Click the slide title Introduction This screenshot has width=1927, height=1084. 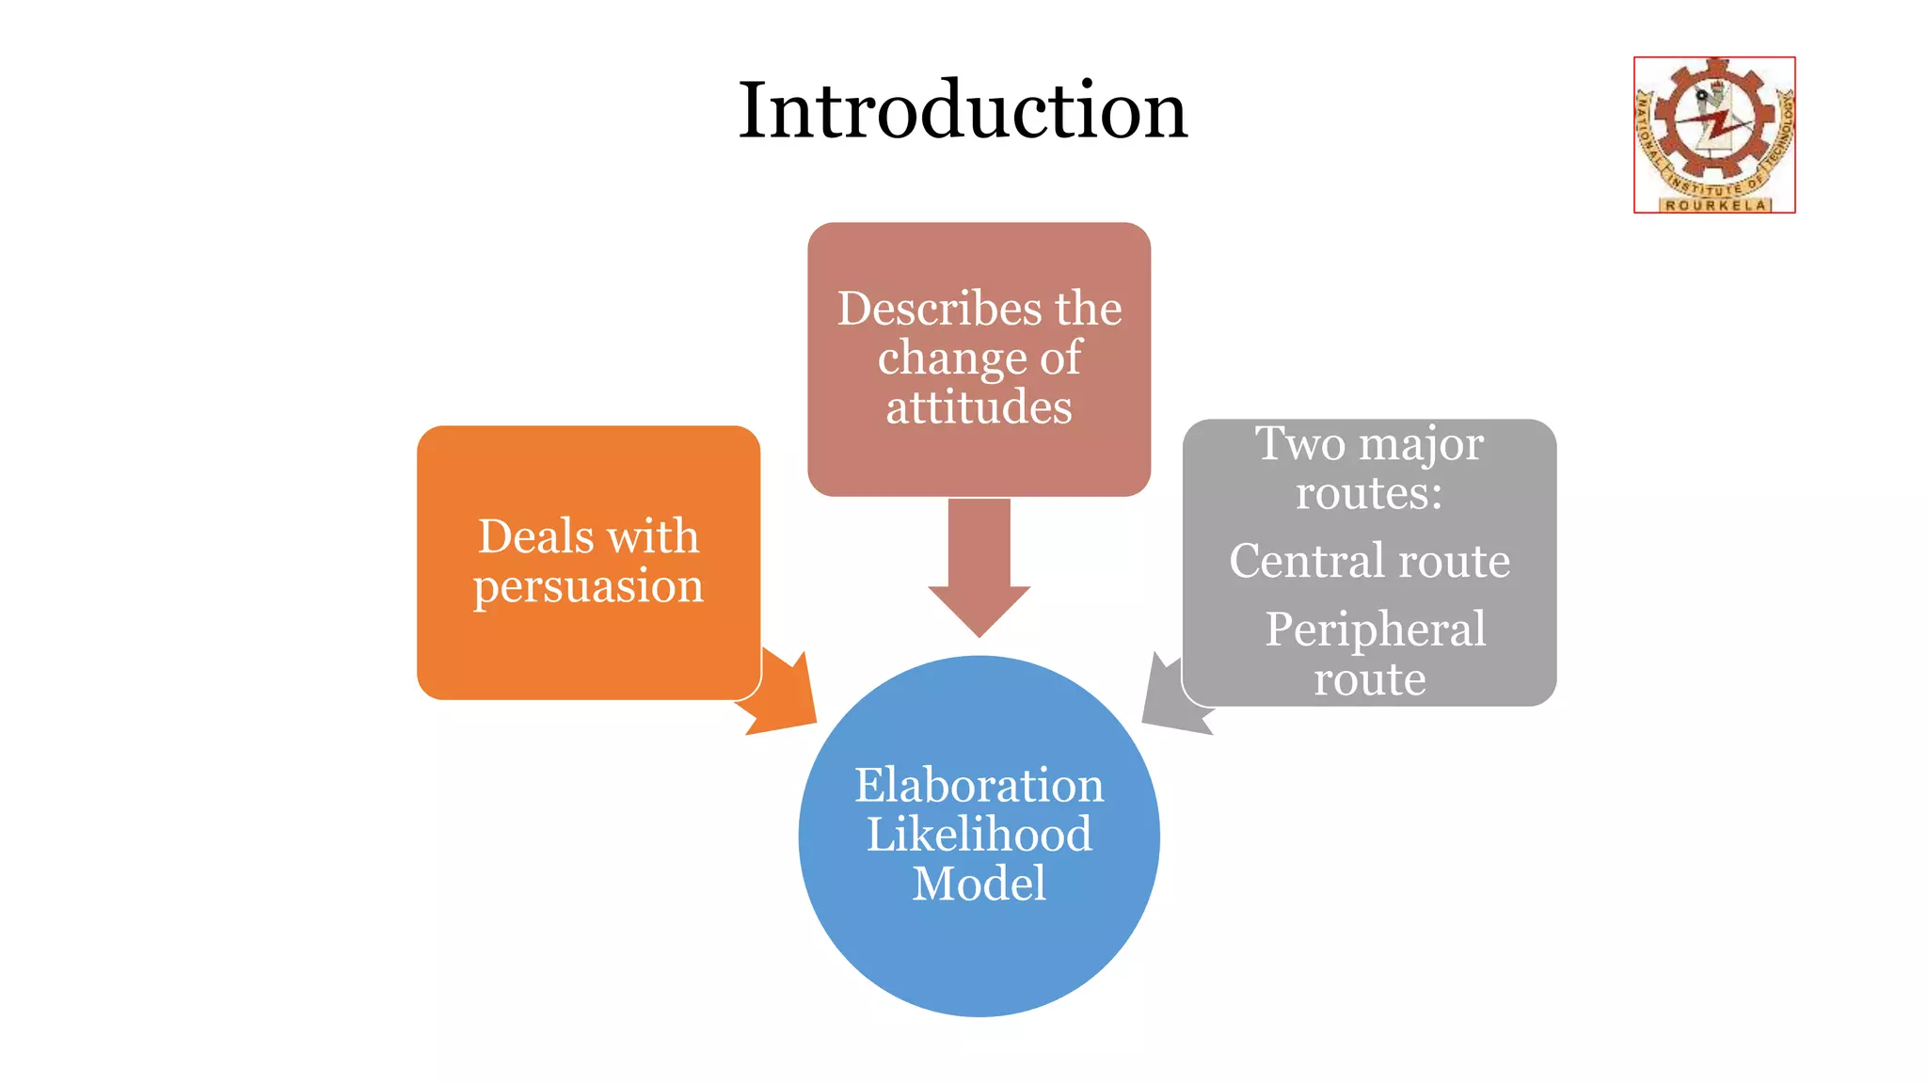pos(963,111)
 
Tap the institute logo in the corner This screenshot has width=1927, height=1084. pos(1714,134)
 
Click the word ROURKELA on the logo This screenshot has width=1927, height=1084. pos(1714,204)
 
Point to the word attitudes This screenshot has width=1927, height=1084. pos(979,407)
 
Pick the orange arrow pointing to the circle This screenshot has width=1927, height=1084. pos(786,696)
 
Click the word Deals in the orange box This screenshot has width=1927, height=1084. pos(535,536)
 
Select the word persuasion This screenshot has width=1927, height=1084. pos(588,586)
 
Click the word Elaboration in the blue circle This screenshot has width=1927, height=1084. pos(979,785)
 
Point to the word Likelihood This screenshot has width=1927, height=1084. pos(979,835)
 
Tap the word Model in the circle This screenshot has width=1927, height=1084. pos(979,884)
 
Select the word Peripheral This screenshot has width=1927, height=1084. pos(1375,629)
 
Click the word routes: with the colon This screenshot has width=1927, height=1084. pos(1368,493)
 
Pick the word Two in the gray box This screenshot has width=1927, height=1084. pos(1300,443)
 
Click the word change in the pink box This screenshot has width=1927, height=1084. pos(951,359)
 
